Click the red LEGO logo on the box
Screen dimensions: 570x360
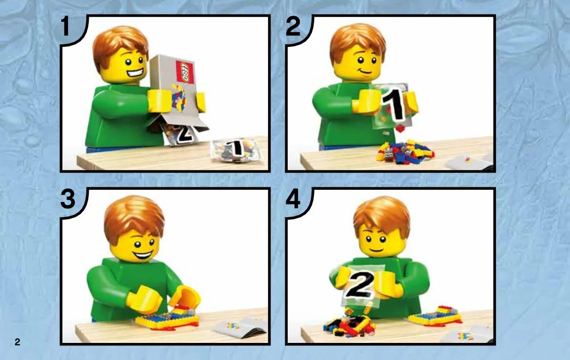point(185,72)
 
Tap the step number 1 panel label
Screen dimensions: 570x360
point(65,26)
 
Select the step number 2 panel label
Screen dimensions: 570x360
point(293,26)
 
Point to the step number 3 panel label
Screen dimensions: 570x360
point(68,200)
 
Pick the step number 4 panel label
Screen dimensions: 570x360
point(294,200)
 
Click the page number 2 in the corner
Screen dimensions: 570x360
point(17,342)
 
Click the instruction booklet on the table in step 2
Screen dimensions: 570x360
point(469,162)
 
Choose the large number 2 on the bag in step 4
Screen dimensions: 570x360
point(359,285)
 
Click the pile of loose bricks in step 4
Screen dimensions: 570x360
point(349,325)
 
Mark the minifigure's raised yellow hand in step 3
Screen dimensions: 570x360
point(185,297)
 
